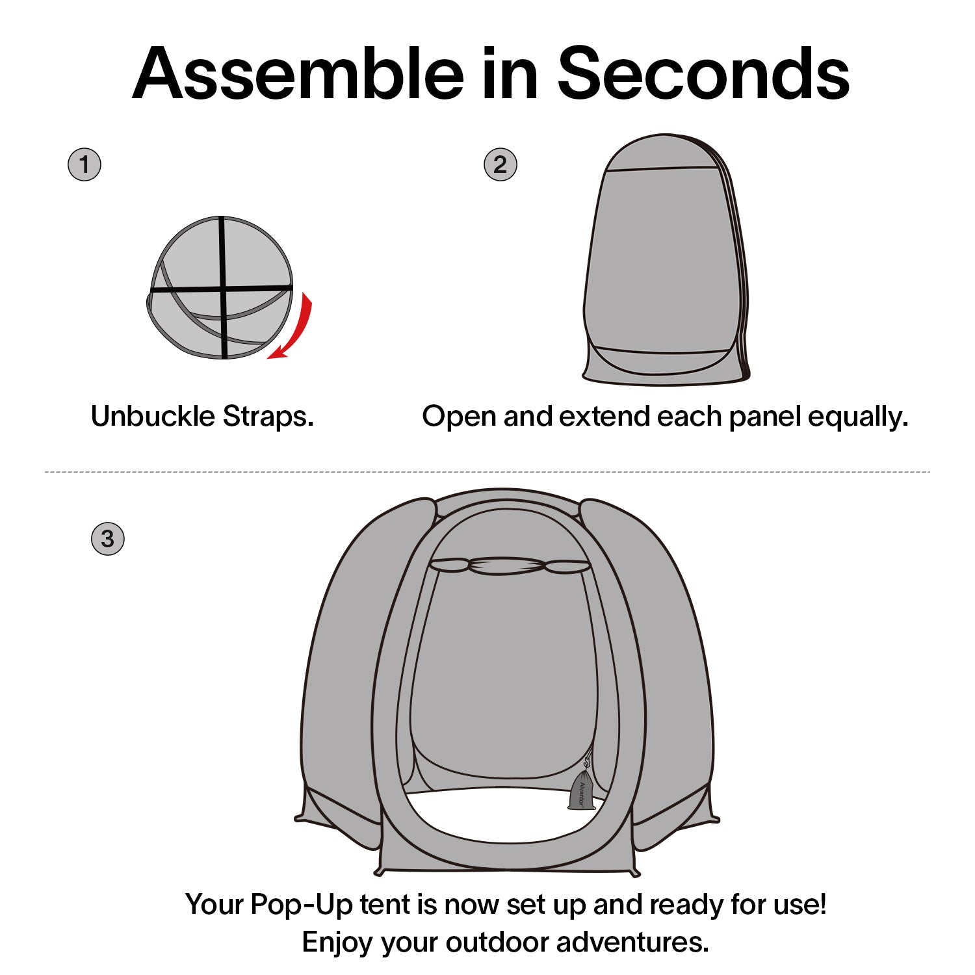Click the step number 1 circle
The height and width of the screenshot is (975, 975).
(x=84, y=164)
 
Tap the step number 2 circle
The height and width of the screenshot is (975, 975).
(x=500, y=164)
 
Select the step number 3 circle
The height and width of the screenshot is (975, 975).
(x=107, y=539)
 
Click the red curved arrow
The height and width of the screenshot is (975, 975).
(x=296, y=328)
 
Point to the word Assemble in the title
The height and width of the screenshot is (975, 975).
(x=298, y=74)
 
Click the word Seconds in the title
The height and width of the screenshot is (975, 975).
(x=703, y=74)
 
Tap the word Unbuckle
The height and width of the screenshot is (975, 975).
(x=153, y=417)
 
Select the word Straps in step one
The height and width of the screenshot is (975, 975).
(x=268, y=417)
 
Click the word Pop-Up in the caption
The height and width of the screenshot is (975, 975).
(x=302, y=905)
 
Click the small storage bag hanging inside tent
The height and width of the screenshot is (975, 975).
(x=580, y=791)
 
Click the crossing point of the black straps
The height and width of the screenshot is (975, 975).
(x=223, y=287)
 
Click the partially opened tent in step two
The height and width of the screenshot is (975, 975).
(x=665, y=260)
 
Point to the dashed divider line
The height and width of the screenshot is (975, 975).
(x=487, y=472)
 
